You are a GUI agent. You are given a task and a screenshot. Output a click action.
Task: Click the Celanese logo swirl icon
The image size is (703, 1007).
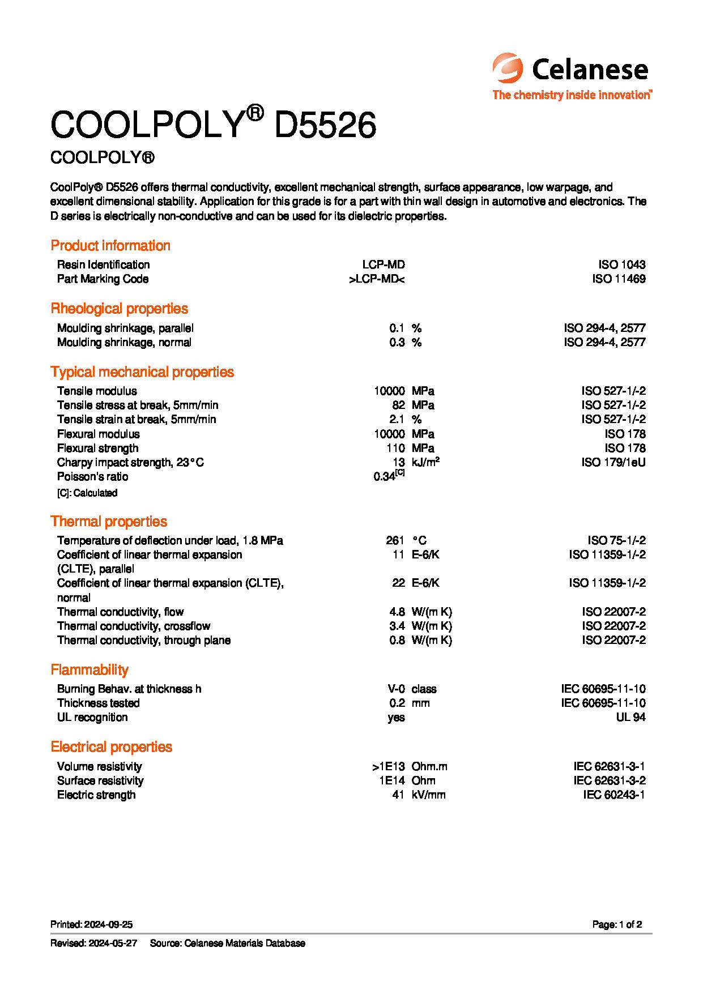tap(507, 69)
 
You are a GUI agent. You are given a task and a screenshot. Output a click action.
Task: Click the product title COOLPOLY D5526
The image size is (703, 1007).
tap(213, 124)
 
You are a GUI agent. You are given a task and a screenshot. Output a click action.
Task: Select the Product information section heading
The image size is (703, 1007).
tap(110, 245)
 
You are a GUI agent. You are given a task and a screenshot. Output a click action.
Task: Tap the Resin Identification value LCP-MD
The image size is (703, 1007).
tap(384, 264)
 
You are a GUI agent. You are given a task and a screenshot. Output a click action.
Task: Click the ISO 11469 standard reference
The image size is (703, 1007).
tap(619, 279)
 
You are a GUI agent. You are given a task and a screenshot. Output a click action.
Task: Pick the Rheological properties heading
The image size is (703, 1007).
tap(119, 309)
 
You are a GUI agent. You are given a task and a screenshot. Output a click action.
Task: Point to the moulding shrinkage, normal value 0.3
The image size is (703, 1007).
tap(397, 342)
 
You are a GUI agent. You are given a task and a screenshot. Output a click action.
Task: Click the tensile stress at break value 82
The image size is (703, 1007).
tap(398, 405)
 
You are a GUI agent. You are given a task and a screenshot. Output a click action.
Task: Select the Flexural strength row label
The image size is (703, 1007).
tap(97, 448)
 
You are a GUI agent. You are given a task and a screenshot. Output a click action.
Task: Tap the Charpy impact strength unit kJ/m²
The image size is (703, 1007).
tap(425, 462)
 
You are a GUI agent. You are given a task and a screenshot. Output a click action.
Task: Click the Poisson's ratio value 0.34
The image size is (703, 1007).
tap(385, 476)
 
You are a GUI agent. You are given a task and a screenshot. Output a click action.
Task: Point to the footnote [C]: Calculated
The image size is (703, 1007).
tap(87, 493)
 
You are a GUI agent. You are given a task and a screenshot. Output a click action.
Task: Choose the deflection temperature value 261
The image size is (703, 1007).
tap(395, 540)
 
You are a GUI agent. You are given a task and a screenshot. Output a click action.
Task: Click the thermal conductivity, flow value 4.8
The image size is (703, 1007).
tap(397, 612)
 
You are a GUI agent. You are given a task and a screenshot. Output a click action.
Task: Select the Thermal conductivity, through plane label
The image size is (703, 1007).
tap(144, 640)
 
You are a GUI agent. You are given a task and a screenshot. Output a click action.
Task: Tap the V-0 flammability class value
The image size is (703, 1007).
tap(396, 689)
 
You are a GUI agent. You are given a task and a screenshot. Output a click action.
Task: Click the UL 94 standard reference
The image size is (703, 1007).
tap(630, 717)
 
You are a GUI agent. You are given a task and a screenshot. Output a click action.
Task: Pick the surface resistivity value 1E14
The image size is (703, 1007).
tap(392, 780)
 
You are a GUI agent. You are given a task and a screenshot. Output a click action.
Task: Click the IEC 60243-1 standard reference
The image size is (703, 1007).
tap(614, 795)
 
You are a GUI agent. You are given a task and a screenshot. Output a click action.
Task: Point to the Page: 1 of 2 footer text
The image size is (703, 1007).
tap(617, 924)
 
